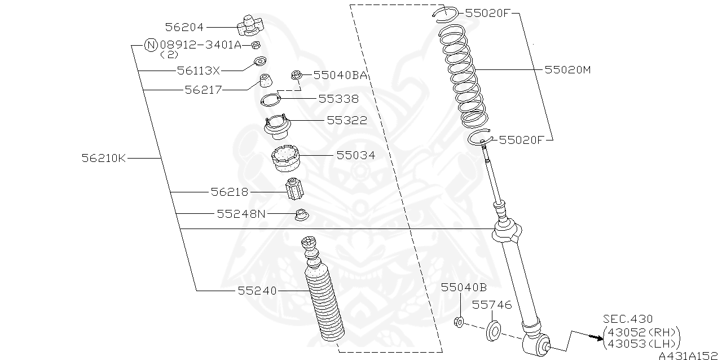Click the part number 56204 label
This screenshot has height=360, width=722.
pyautogui.click(x=184, y=27)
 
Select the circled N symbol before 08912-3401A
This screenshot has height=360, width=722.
pyautogui.click(x=151, y=45)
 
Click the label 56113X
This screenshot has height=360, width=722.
pyautogui.click(x=198, y=71)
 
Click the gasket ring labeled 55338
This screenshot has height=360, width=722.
pyautogui.click(x=271, y=100)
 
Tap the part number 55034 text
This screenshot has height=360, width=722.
pyautogui.click(x=355, y=155)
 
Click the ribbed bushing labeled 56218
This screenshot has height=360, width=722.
pyautogui.click(x=294, y=189)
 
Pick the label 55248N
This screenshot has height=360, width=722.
pyautogui.click(x=241, y=214)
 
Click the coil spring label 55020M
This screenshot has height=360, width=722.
pyautogui.click(x=567, y=70)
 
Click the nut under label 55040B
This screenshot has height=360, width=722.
pyautogui.click(x=459, y=322)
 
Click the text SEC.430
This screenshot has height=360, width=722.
pyautogui.click(x=628, y=319)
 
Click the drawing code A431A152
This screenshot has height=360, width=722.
pyautogui.click(x=689, y=355)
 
